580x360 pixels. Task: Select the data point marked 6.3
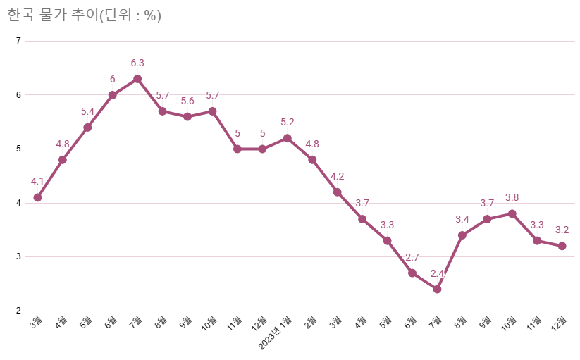point(137,79)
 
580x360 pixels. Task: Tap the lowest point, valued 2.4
point(437,289)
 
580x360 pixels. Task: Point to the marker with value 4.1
point(37,197)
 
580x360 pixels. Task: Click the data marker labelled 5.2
point(287,138)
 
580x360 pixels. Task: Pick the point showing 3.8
point(512,213)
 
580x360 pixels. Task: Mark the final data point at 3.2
point(562,246)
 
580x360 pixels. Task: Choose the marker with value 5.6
point(187,116)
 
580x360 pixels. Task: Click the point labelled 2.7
point(412,273)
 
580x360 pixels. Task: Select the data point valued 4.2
point(337,192)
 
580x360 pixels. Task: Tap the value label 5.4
point(87,111)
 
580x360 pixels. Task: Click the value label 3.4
point(462,219)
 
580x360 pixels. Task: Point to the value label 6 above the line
point(112,79)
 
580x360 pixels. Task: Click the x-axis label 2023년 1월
point(275,334)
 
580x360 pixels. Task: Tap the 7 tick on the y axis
point(18,41)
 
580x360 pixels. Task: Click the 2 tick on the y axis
point(18,311)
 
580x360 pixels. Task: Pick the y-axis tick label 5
point(18,149)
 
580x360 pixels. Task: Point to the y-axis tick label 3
point(18,256)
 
